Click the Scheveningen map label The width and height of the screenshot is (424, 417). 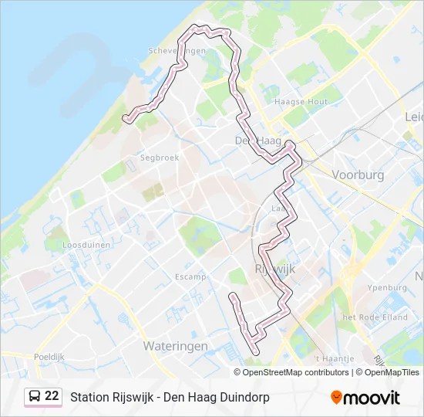(x=177, y=51)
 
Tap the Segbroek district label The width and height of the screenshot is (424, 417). (x=160, y=158)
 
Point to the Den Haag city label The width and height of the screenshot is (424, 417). (x=257, y=141)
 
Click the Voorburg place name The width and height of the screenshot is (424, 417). (x=357, y=175)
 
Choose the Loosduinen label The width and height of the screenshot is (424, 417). (x=87, y=244)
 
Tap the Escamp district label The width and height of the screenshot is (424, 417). (x=190, y=276)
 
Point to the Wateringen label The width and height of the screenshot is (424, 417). (x=175, y=346)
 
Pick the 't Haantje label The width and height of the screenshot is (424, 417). (x=335, y=359)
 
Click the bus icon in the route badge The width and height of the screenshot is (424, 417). (x=35, y=396)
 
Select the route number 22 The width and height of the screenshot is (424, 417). (x=52, y=396)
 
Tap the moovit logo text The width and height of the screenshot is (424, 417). (x=372, y=398)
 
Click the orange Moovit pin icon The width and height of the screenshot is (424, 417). (x=336, y=398)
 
